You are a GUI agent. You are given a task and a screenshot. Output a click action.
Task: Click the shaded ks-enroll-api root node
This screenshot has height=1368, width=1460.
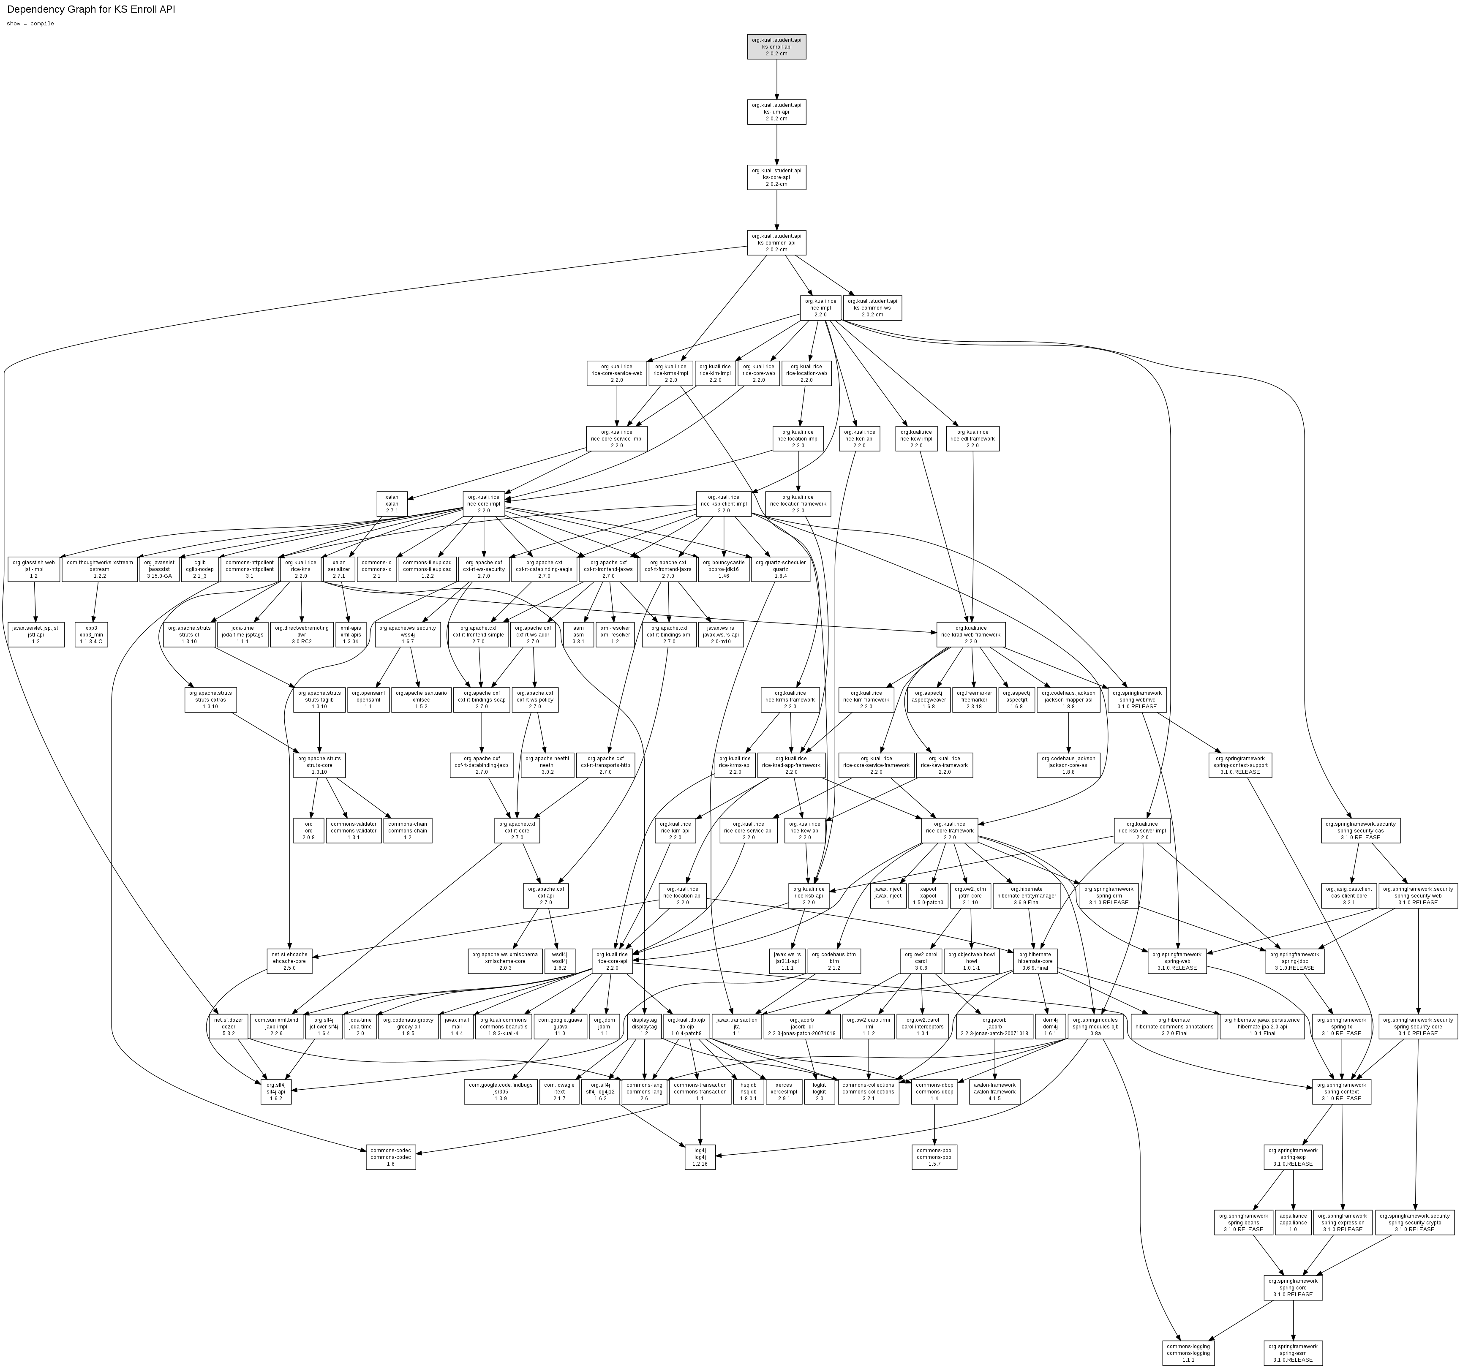click(776, 46)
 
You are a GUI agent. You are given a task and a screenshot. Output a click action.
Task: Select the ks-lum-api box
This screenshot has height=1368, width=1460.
click(776, 112)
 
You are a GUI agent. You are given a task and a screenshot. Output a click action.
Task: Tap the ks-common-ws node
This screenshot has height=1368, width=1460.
click(872, 307)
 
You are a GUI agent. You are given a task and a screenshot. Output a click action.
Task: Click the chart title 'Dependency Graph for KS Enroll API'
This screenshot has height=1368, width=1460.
click(91, 10)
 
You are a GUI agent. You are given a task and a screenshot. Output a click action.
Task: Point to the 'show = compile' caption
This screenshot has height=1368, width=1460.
click(30, 24)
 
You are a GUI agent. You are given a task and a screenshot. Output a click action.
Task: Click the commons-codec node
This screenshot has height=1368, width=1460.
click(391, 1157)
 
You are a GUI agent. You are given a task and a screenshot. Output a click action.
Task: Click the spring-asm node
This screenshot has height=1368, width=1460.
click(1293, 1352)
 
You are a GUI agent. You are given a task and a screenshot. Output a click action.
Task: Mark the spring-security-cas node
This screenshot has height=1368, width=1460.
click(1360, 830)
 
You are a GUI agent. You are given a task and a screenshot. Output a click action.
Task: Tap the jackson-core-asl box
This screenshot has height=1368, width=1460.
click(1068, 765)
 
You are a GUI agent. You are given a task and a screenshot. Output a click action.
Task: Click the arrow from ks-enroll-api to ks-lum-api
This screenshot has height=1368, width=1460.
click(776, 79)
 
